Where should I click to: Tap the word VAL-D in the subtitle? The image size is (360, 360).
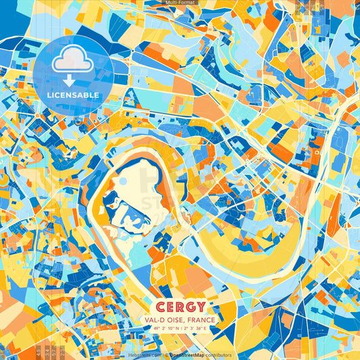[155, 319]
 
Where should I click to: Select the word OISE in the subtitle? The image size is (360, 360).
[177, 319]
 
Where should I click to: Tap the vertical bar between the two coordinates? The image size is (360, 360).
[181, 328]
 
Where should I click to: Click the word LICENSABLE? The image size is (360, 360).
[73, 95]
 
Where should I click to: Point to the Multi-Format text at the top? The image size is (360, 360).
[180, 3]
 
